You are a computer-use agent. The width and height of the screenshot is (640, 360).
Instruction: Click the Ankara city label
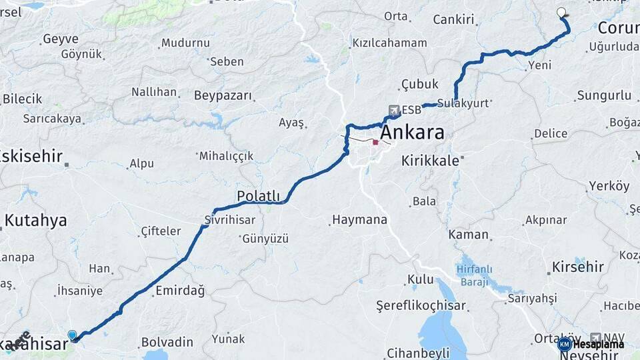coord(412,132)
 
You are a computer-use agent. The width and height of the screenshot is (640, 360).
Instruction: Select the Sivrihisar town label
coord(234,219)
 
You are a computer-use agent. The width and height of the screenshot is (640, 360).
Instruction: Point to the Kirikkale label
coord(430,161)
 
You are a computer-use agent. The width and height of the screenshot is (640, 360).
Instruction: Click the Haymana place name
coord(359,219)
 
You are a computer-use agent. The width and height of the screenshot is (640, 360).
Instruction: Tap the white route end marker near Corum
coord(561,12)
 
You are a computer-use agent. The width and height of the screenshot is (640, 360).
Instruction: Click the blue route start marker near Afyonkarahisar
coord(72,335)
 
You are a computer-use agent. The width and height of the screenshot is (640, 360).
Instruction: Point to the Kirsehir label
coord(577,267)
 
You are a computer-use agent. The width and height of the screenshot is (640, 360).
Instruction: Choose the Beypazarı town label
coord(223,95)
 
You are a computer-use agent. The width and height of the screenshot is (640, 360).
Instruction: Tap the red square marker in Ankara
coord(376,142)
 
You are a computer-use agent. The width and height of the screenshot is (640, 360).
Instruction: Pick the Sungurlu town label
coord(604,95)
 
